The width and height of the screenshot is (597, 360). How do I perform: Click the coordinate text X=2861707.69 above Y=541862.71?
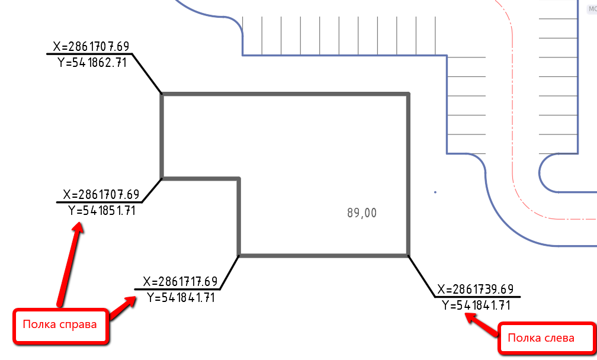91,46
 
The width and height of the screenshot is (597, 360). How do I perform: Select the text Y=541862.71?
92,62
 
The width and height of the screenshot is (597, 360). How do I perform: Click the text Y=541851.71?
102,210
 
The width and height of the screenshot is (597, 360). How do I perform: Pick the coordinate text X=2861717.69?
180,282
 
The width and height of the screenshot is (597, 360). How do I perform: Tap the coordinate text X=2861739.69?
476,289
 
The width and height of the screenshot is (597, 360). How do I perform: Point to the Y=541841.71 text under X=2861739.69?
476,305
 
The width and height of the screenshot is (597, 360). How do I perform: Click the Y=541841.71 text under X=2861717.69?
181,297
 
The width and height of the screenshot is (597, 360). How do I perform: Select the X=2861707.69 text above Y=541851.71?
101,194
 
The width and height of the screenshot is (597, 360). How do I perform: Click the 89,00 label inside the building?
362,213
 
